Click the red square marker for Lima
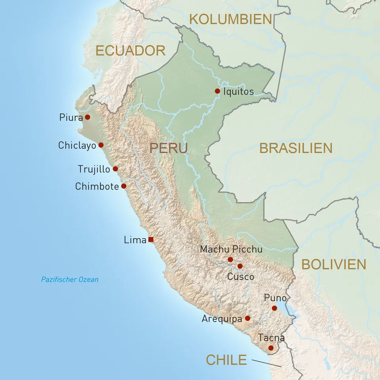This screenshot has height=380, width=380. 151,239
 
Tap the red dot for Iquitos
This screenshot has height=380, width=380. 217,91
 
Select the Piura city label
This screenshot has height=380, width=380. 71,117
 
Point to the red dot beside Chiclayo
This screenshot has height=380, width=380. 101,145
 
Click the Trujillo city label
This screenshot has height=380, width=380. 94,169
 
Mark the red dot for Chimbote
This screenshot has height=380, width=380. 123,186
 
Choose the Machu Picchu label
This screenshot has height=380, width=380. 231,249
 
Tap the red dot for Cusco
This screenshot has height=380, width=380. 240,266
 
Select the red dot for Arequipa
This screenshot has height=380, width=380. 247,318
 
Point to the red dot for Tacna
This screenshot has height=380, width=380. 271,348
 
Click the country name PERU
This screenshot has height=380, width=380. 168,148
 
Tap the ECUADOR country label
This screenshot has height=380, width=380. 130,51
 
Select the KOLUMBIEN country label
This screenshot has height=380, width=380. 231,19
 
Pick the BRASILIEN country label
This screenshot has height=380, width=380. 296,148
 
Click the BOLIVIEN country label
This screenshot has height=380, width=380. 334,264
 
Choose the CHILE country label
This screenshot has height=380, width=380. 226,360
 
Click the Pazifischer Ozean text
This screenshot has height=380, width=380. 70,279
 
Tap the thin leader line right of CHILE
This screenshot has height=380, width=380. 267,363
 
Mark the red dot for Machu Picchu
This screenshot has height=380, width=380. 230,259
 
